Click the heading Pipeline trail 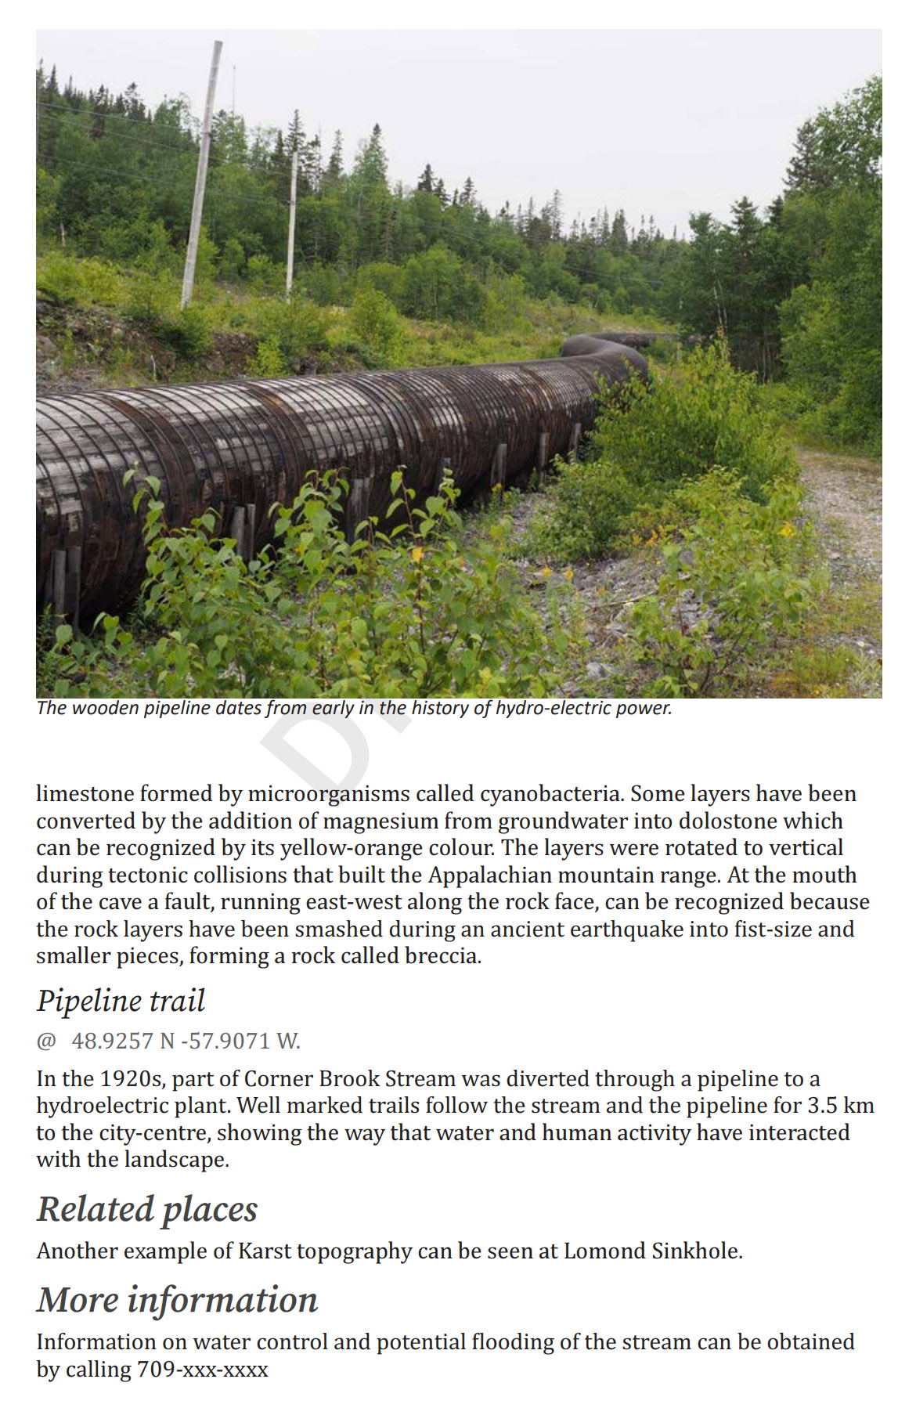tap(121, 1002)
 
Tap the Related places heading tap(146, 1210)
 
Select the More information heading tap(177, 1301)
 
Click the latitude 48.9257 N tap(123, 1042)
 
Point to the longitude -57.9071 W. tap(240, 1042)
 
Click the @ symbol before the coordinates tap(46, 1042)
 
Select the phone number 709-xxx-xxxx tap(203, 1370)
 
